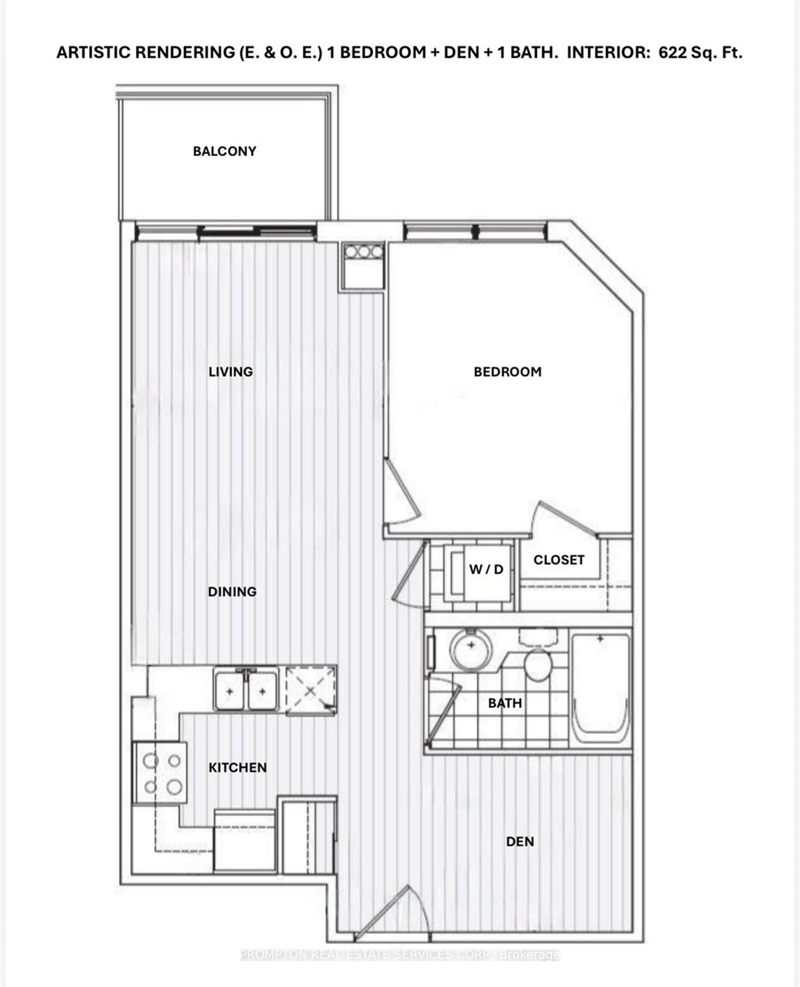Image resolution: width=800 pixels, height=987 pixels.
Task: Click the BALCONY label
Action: pyautogui.click(x=224, y=151)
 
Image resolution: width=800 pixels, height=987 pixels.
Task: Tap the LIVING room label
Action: pyautogui.click(x=231, y=372)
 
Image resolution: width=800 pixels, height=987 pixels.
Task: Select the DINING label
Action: pyautogui.click(x=232, y=592)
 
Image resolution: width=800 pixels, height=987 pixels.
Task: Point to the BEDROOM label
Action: pyautogui.click(x=507, y=372)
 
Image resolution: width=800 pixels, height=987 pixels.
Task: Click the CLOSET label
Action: pyautogui.click(x=559, y=560)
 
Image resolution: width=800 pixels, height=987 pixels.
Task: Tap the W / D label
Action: pyautogui.click(x=486, y=569)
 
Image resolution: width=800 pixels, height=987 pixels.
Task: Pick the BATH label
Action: pyautogui.click(x=505, y=703)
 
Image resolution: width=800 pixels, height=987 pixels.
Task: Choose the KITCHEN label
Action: pyautogui.click(x=237, y=767)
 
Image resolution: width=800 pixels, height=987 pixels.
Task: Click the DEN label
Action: pyautogui.click(x=520, y=842)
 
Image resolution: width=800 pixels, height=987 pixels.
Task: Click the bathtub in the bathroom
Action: pyautogui.click(x=600, y=689)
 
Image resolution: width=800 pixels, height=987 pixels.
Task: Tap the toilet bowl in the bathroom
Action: pyautogui.click(x=537, y=664)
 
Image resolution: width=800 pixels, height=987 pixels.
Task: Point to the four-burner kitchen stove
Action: pyautogui.click(x=160, y=773)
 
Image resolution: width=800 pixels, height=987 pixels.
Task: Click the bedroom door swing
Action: pyautogui.click(x=402, y=493)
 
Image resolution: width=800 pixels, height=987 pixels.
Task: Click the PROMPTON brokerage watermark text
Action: pyautogui.click(x=400, y=955)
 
